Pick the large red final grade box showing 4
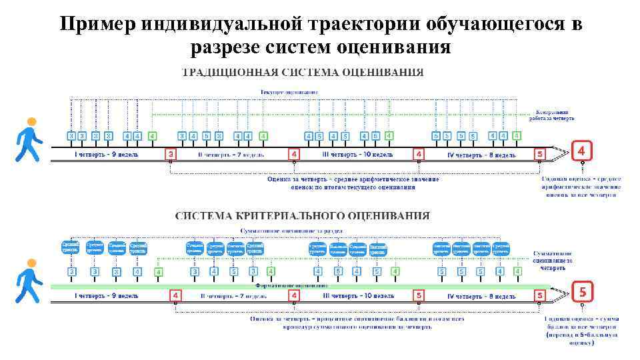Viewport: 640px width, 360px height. coord(581,151)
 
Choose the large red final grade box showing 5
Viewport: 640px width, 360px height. coord(582,292)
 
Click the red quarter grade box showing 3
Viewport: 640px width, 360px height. coord(171,155)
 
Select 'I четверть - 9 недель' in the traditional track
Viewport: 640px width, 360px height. coord(107,155)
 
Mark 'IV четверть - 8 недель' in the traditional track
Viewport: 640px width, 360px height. coord(481,155)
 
